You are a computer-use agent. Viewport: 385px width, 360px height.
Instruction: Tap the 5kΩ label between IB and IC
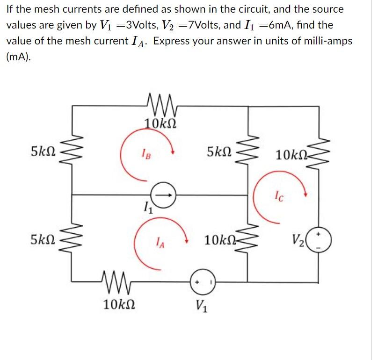[220, 151]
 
